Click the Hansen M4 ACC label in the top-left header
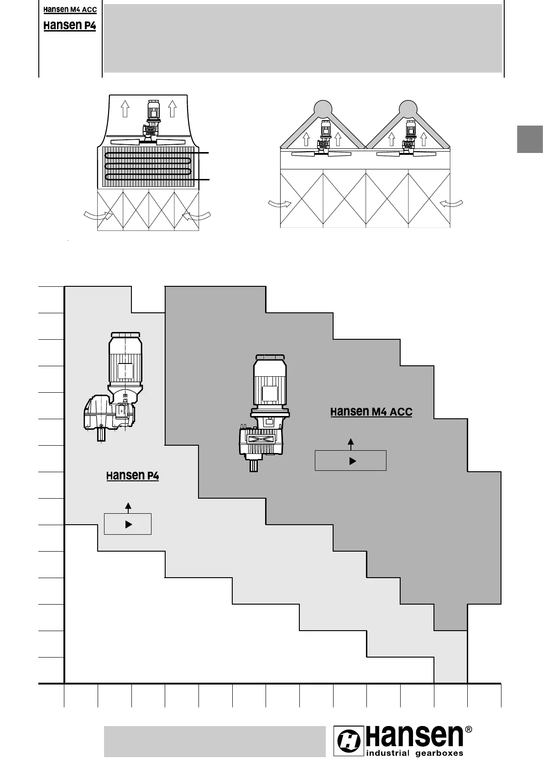(70, 10)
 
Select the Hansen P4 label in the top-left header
(70, 26)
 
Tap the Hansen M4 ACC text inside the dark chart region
(371, 412)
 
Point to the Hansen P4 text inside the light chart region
(132, 476)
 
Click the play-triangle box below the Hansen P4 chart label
(128, 524)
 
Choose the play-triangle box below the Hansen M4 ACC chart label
(350, 461)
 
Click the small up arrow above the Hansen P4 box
(128, 507)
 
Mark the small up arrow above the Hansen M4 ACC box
(350, 443)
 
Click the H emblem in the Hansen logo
(349, 742)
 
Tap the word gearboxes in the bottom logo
(439, 753)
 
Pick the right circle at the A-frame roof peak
(407, 108)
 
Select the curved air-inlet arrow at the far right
(452, 203)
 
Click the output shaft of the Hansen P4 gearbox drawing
(101, 434)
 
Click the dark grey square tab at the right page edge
(530, 139)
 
